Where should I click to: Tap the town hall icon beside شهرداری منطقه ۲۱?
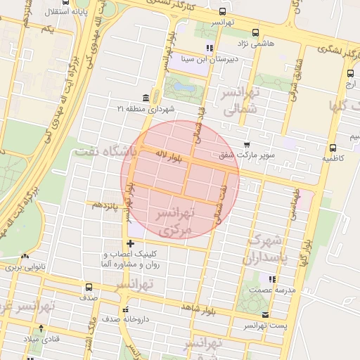tap(145, 97)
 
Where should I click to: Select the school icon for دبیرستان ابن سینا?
tap(209, 48)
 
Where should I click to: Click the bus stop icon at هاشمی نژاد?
tap(255, 32)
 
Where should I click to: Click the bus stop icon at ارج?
tap(350, 73)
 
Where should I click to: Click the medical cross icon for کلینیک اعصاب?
tap(130, 243)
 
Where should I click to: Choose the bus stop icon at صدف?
tap(89, 287)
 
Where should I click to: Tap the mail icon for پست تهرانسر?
tap(265, 315)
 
